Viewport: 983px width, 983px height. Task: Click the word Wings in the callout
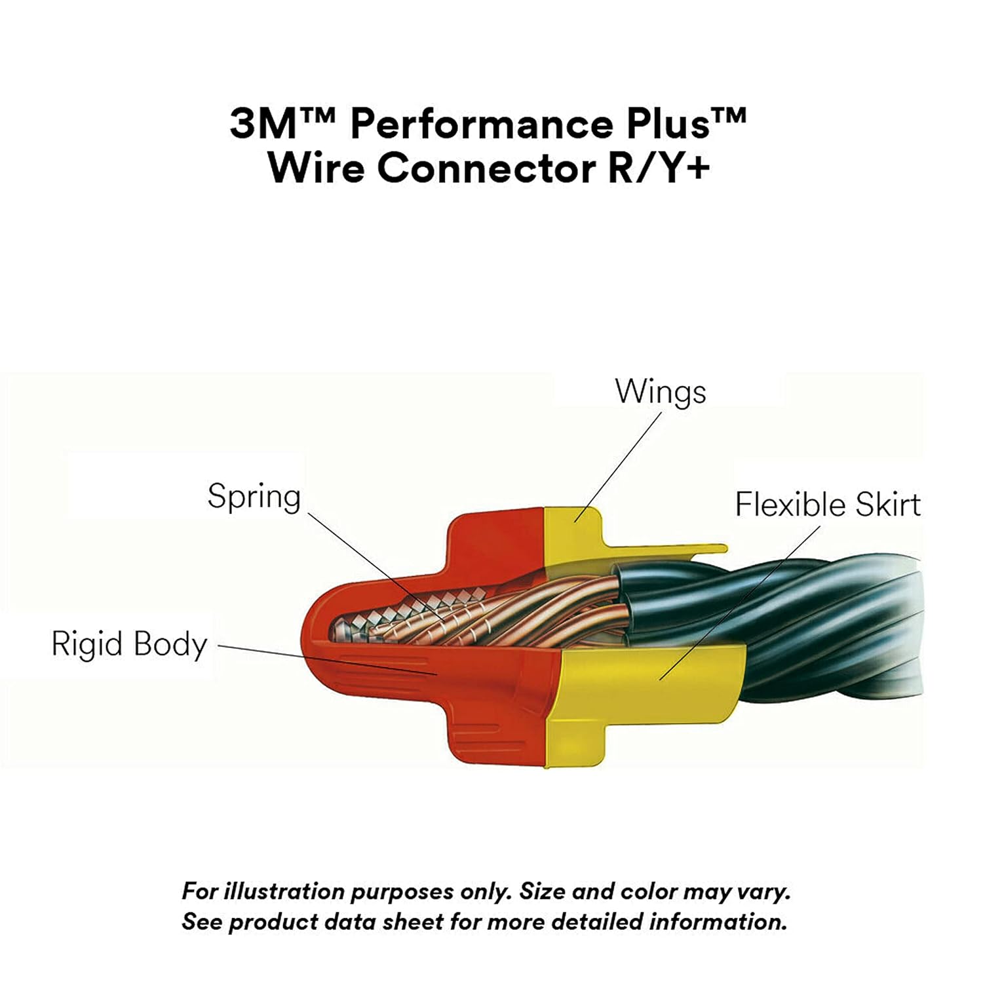click(x=661, y=392)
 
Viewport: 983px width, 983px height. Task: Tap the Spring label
click(x=254, y=497)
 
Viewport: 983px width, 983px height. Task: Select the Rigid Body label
click(x=129, y=644)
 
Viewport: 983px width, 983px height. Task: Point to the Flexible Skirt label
click(x=827, y=505)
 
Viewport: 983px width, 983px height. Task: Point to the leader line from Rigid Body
click(x=328, y=659)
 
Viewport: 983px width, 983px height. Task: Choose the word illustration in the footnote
click(x=284, y=892)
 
